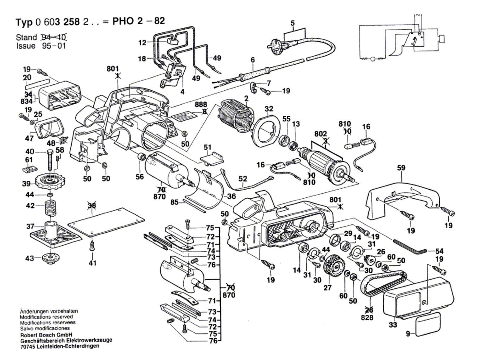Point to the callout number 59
click(x=401, y=168)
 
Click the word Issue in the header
click(x=25, y=46)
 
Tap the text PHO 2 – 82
click(x=139, y=21)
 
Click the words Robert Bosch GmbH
click(x=46, y=335)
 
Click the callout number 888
click(x=201, y=105)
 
